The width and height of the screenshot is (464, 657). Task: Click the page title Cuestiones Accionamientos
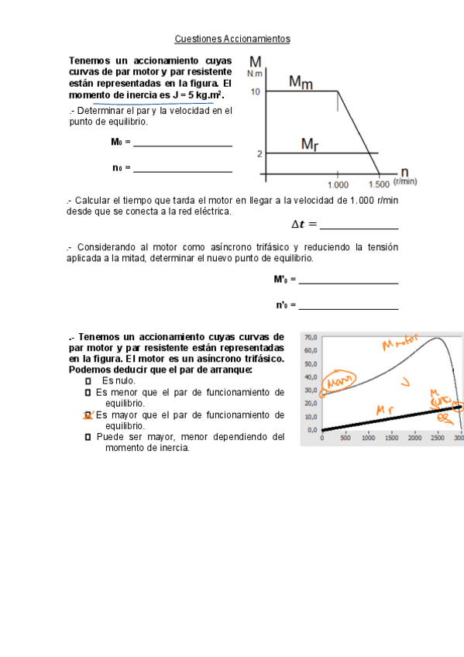[232, 38]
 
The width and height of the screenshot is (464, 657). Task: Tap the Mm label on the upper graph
[301, 81]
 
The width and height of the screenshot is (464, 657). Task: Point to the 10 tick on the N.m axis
[256, 91]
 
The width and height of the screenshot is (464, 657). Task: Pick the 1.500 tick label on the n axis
[379, 184]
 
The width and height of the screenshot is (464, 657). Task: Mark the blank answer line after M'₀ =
[349, 282]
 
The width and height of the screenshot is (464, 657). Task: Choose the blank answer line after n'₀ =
[349, 308]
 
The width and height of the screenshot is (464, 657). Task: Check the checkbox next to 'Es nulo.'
[88, 381]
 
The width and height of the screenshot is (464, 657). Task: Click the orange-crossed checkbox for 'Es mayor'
[88, 415]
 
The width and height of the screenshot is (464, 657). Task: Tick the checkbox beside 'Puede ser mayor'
[88, 437]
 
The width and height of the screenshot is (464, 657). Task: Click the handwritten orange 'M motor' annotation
[400, 342]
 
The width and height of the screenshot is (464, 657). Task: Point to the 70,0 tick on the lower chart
[311, 338]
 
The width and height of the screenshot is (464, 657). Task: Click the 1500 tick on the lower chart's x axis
[391, 438]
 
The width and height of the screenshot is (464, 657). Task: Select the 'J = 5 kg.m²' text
[197, 95]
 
